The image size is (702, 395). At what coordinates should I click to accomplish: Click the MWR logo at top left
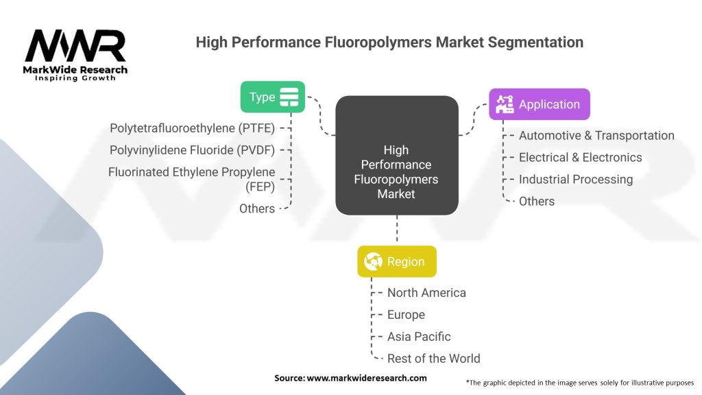click(x=75, y=48)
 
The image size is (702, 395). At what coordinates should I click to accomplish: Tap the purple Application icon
click(x=505, y=104)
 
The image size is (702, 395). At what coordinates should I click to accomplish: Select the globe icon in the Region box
click(x=374, y=261)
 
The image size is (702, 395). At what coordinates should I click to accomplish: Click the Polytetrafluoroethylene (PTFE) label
click(x=192, y=128)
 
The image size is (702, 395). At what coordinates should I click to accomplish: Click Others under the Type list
click(x=257, y=208)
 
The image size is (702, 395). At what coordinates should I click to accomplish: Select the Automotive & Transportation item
click(x=596, y=136)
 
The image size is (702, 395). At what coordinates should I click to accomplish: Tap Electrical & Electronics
click(x=580, y=157)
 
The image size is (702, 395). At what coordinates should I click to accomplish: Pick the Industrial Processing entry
click(x=575, y=179)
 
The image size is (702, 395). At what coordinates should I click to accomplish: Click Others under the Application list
click(x=537, y=201)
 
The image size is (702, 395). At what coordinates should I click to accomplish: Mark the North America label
click(x=426, y=293)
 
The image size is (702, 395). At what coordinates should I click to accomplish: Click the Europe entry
click(x=406, y=315)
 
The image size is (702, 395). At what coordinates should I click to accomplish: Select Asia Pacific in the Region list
click(x=419, y=337)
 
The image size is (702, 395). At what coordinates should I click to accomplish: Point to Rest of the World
click(x=433, y=359)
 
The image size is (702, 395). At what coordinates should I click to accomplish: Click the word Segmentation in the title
click(x=535, y=43)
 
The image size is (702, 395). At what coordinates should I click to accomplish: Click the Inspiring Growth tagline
click(x=75, y=78)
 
